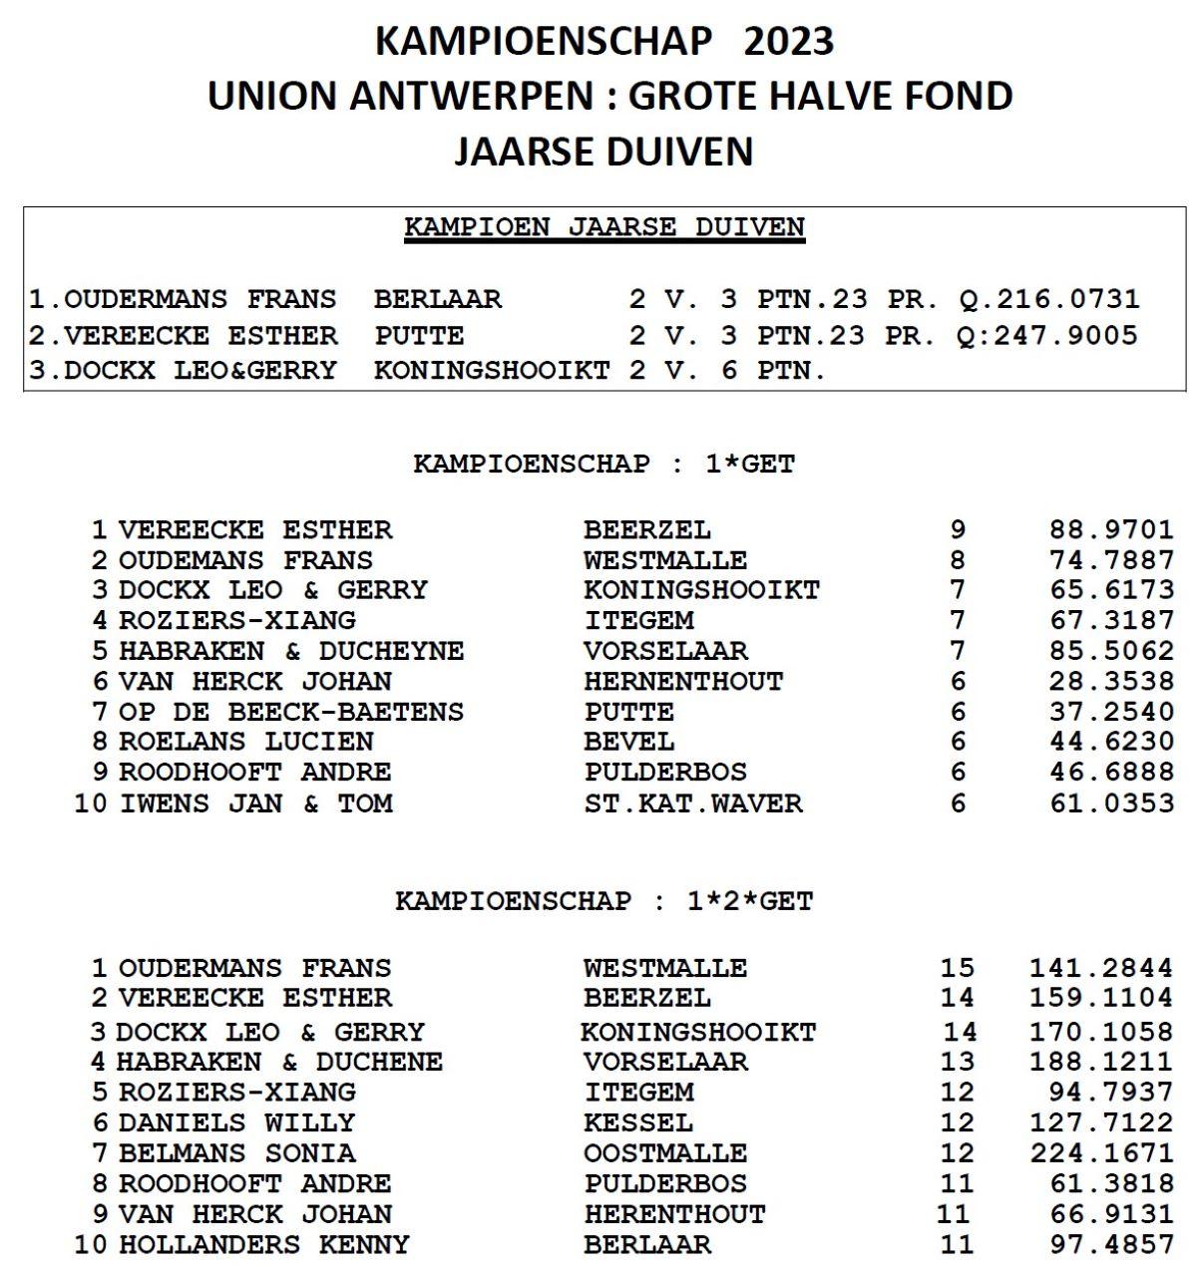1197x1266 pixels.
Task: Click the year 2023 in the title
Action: (788, 41)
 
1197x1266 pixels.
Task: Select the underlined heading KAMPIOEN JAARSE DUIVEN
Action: (603, 227)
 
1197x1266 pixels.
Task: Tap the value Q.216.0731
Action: (1048, 299)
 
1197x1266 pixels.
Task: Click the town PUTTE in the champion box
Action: (419, 335)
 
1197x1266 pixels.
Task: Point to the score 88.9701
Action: (1111, 529)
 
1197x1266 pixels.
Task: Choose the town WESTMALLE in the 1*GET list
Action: (665, 560)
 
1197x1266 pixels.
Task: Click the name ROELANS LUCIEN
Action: (245, 742)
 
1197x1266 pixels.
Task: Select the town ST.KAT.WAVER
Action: (693, 802)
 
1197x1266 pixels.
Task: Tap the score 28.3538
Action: (1111, 681)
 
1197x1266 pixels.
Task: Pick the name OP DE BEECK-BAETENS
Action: (290, 712)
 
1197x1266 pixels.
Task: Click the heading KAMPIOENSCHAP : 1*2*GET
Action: (603, 901)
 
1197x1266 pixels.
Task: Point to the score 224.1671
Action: (1101, 1153)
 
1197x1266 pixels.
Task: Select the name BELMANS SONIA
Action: (236, 1153)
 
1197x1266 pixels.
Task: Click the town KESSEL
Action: (638, 1122)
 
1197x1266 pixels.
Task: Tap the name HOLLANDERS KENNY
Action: (263, 1245)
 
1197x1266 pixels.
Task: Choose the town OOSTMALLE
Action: (665, 1153)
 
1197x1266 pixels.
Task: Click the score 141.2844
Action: (1101, 968)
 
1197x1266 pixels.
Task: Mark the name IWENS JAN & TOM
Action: (256, 802)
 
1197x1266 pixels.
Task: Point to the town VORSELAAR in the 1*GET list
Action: (665, 651)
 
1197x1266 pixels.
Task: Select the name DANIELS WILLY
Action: (236, 1122)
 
